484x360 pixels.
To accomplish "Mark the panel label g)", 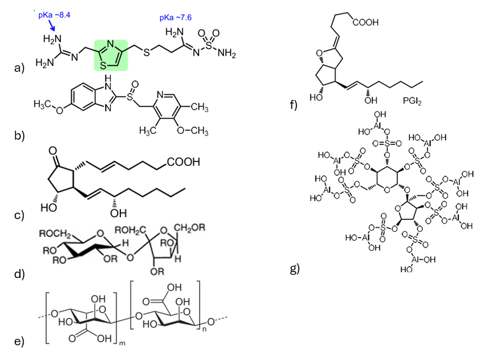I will (x=296, y=268).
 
